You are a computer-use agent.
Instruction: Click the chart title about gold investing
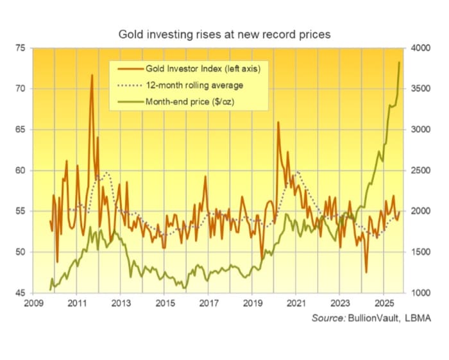pos(224,34)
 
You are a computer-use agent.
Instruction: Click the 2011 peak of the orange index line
pos(92,76)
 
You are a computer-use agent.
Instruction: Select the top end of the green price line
pos(400,62)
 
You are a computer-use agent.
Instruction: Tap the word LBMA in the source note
pos(418,318)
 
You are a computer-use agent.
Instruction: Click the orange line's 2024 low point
pos(366,272)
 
